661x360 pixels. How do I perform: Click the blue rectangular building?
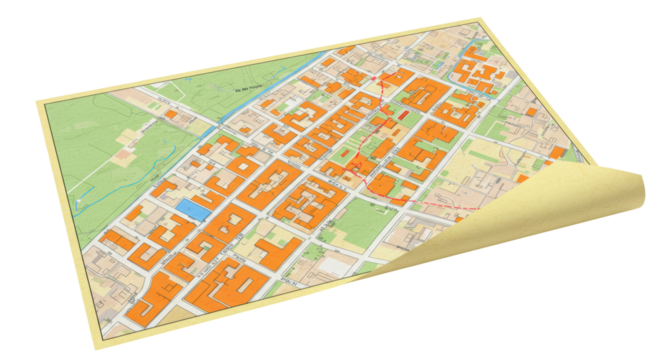click(193, 207)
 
